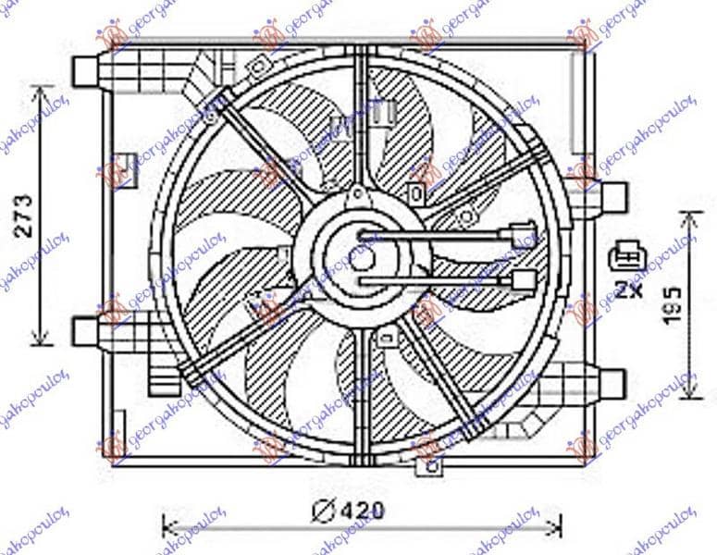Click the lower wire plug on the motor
[519, 279]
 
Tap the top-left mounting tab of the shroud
[86, 68]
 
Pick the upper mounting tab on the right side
[612, 197]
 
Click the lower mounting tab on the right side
[612, 378]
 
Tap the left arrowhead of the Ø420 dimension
[167, 528]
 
